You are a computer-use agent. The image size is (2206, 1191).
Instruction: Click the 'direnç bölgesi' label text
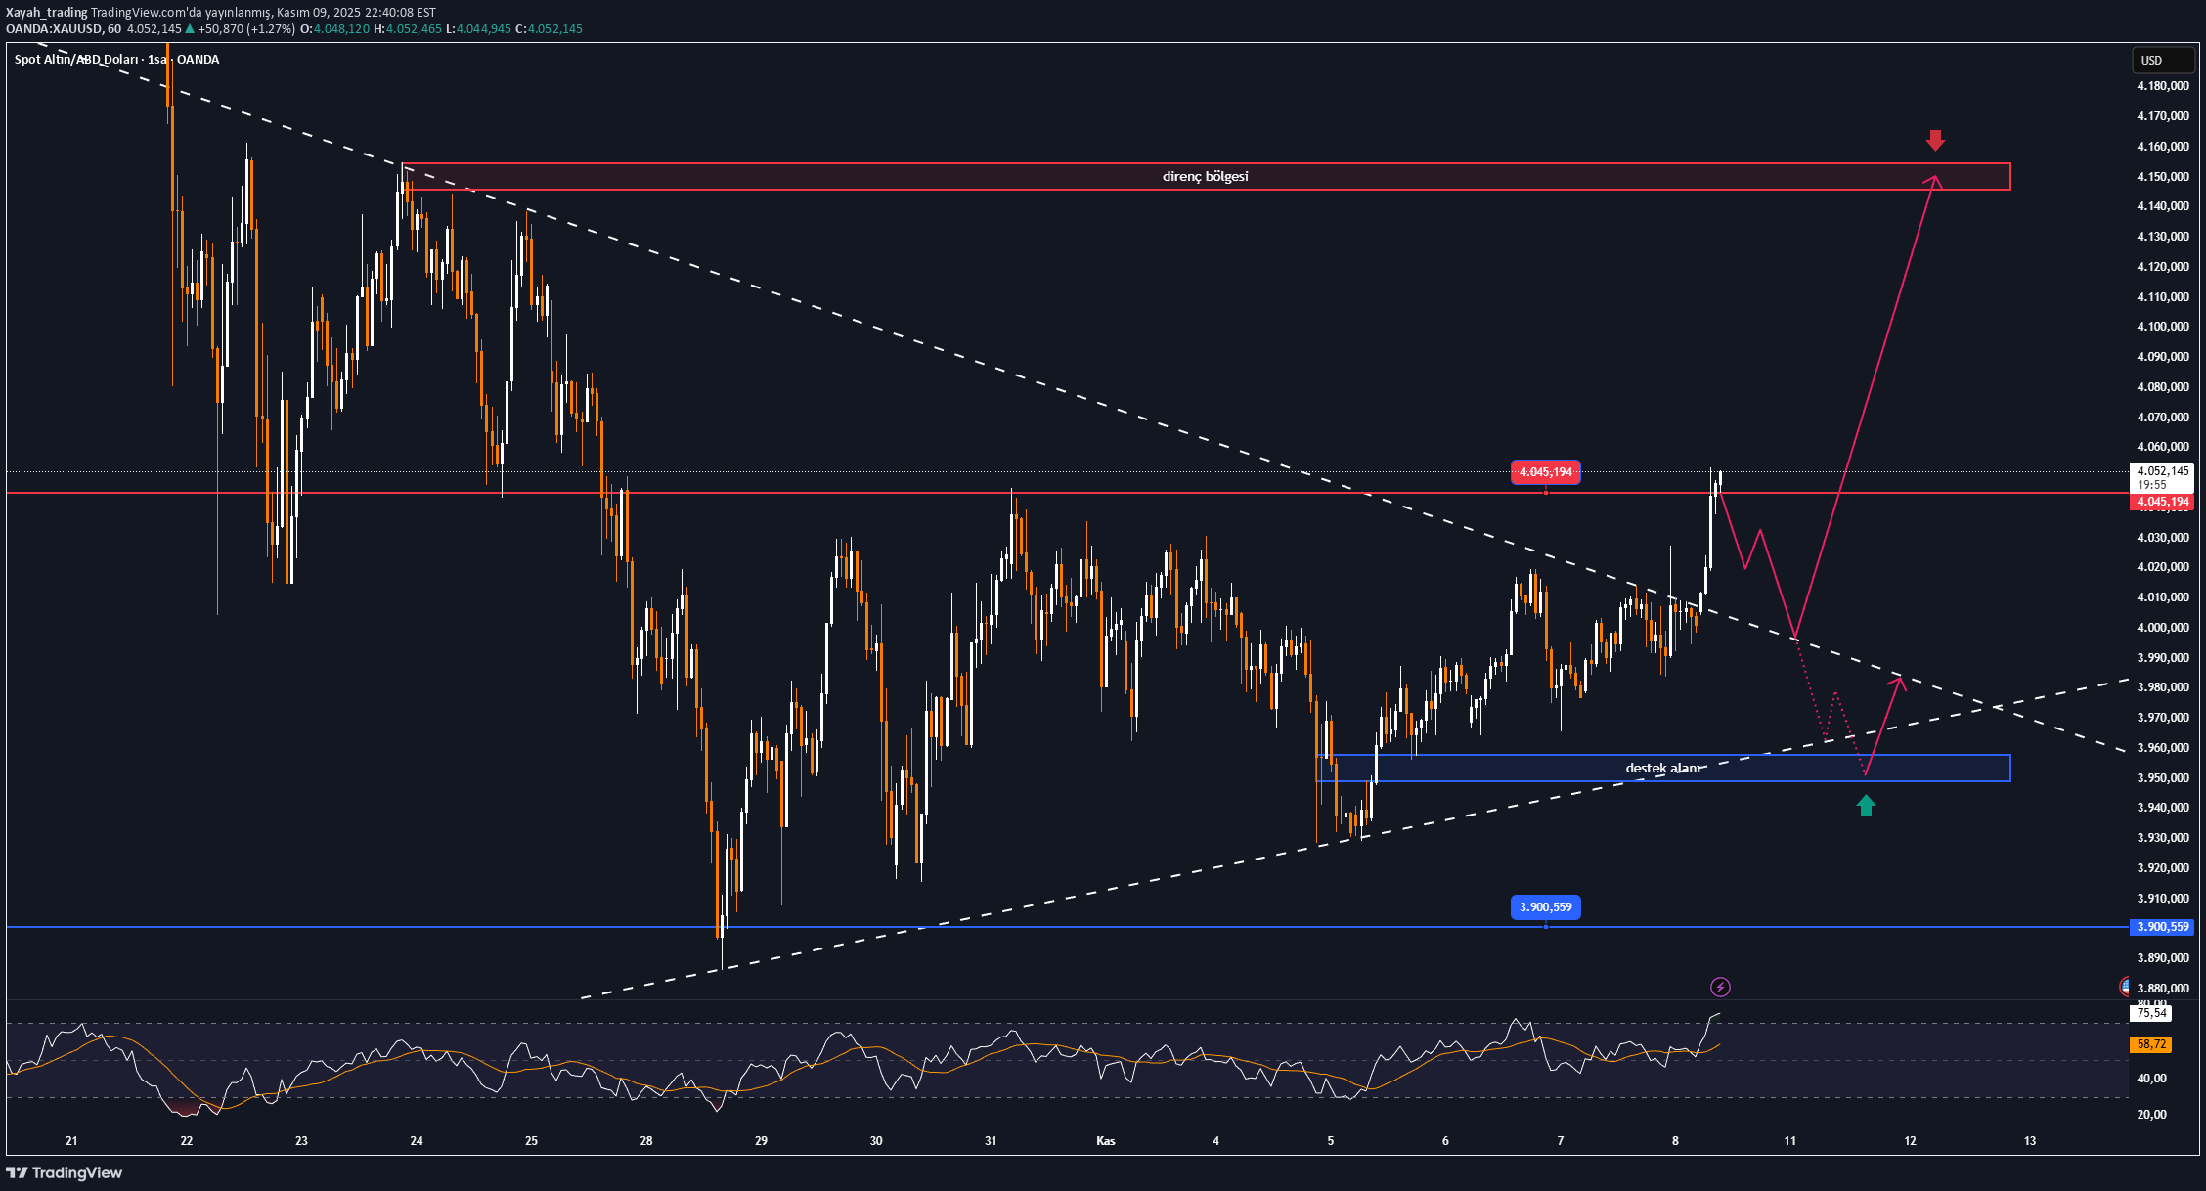coord(1205,177)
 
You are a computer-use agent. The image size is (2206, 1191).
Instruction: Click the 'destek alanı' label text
coord(1663,769)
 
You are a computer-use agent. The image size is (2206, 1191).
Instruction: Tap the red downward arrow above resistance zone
coord(1935,141)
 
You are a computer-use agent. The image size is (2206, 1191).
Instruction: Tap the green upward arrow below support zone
coord(1866,806)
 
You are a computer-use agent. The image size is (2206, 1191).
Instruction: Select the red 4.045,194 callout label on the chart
coord(1545,473)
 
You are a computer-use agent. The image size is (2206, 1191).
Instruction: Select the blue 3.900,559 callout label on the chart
coord(1545,907)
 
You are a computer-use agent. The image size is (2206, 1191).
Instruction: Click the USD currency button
coord(2151,61)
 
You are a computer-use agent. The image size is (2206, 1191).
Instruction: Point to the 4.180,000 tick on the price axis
coord(2163,86)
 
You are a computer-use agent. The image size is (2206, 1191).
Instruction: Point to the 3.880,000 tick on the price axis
coord(2163,989)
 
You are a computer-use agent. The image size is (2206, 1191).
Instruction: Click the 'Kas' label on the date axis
coord(1106,1141)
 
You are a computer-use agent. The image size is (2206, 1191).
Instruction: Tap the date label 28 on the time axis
coord(646,1141)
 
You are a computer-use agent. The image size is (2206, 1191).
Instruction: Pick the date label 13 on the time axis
coord(2030,1141)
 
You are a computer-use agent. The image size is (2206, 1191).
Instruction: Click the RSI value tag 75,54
coord(2151,1014)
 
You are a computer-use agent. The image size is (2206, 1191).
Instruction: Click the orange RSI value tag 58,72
coord(2151,1044)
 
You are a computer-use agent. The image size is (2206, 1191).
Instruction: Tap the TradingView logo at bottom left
coord(65,1172)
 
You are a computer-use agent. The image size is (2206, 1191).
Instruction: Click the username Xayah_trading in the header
coord(46,13)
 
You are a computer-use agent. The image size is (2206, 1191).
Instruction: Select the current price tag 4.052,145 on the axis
coord(2163,471)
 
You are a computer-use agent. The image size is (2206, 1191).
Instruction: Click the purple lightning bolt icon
coord(1720,988)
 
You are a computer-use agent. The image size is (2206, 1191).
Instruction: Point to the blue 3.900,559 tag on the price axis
coord(2162,927)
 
